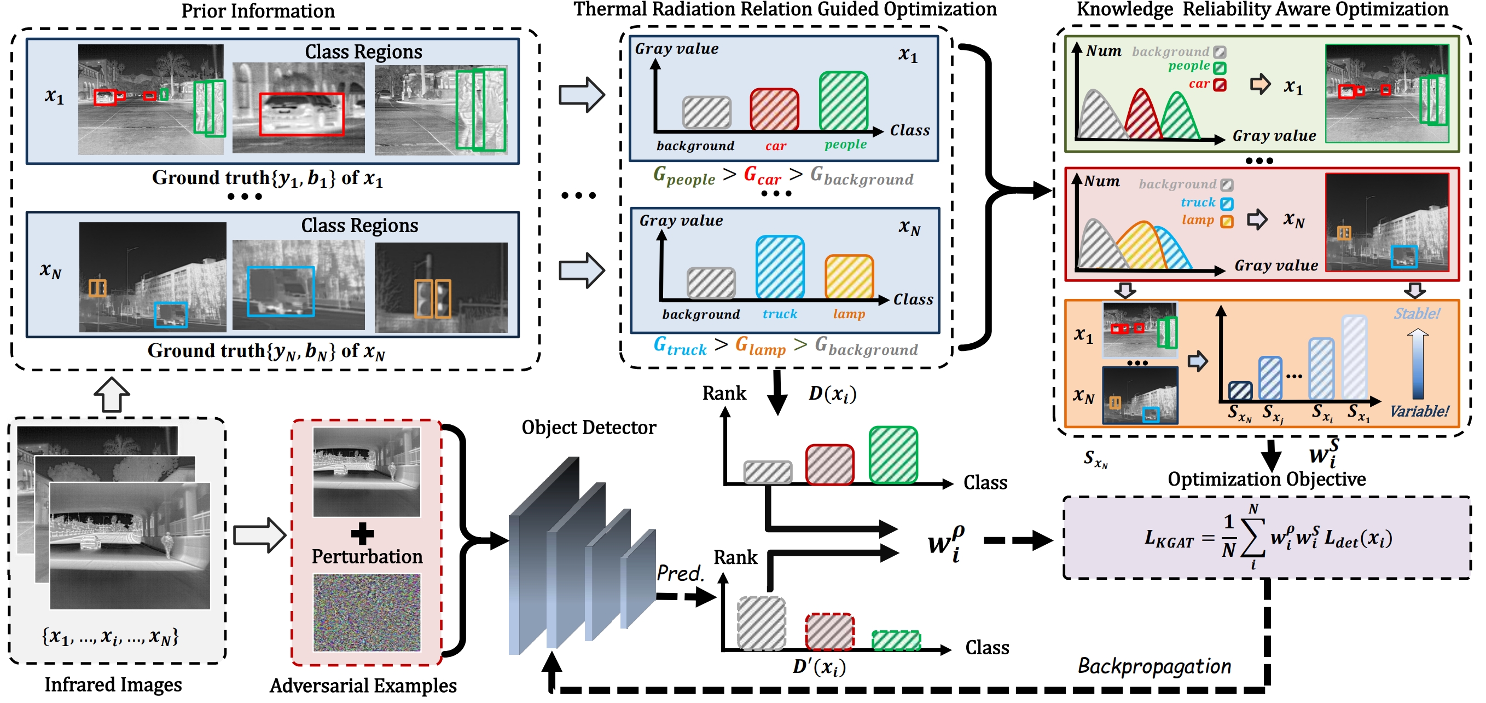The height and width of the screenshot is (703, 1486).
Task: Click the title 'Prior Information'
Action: click(258, 11)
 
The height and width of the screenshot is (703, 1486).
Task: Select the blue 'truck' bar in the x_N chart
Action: click(780, 267)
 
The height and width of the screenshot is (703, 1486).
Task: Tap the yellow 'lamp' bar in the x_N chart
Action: click(849, 277)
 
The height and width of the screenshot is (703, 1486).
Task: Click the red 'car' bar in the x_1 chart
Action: click(774, 109)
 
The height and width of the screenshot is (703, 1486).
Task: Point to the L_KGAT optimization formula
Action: click(1268, 538)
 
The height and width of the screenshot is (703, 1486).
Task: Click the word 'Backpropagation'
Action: click(1154, 666)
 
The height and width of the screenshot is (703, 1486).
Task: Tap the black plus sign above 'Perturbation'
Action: click(362, 534)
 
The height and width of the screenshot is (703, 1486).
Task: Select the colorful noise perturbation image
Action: click(367, 612)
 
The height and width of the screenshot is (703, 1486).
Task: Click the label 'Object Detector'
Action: click(588, 428)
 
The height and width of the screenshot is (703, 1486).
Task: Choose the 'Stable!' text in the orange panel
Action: click(1416, 314)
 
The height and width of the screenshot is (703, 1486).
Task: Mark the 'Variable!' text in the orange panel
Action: click(1419, 412)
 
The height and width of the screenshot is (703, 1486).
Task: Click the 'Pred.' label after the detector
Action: click(680, 573)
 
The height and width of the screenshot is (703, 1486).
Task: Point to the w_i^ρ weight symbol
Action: click(945, 543)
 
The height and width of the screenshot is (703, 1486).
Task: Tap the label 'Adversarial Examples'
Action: click(363, 685)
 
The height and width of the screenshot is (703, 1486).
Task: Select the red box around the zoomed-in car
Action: click(301, 114)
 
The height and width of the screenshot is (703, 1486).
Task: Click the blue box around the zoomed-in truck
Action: click(281, 291)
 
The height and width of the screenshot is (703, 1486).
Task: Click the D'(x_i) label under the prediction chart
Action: click(819, 667)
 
